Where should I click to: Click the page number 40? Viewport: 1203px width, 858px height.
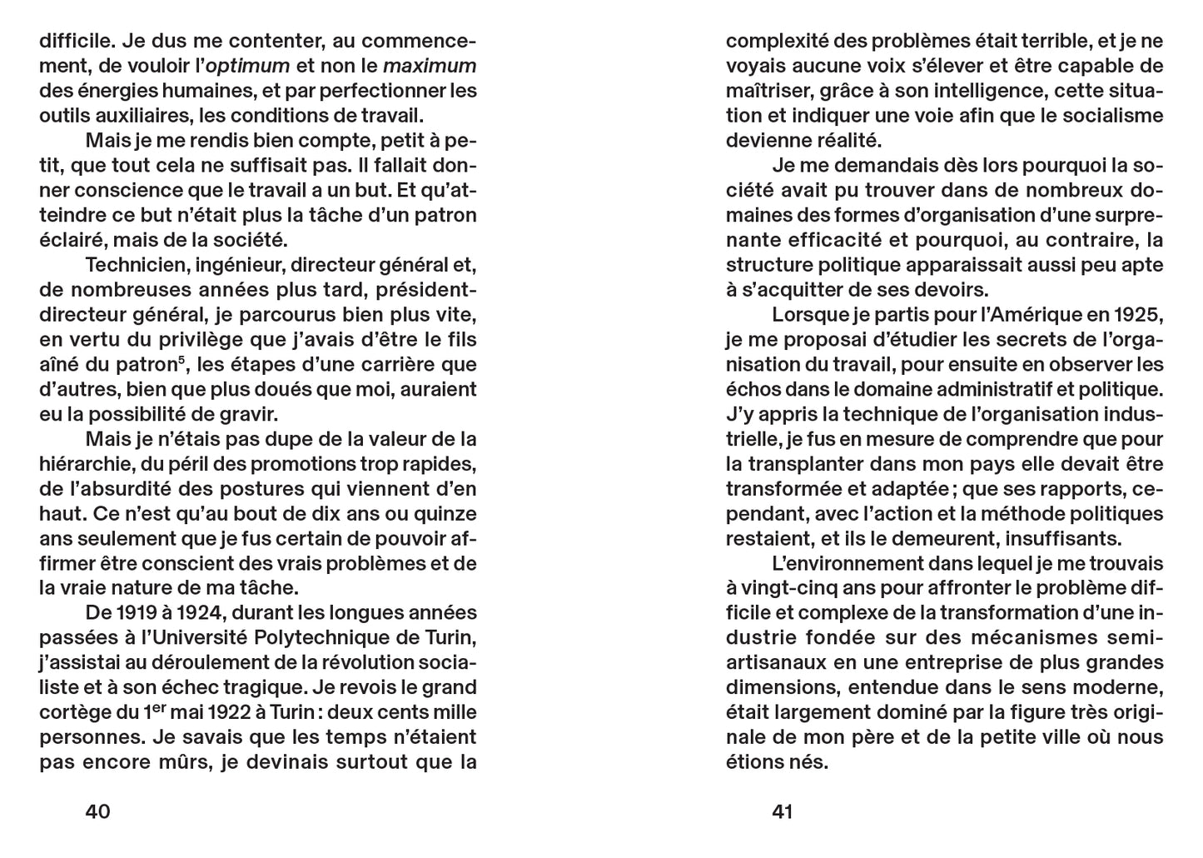[x=98, y=811]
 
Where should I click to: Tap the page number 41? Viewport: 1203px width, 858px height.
[x=783, y=811]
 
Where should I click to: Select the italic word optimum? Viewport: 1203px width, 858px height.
[x=247, y=66]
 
